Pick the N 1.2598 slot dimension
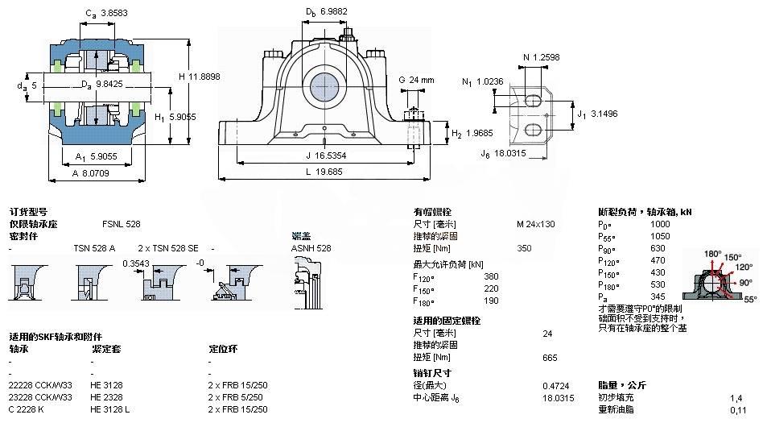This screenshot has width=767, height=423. click(542, 57)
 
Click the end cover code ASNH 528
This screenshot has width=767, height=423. click(311, 248)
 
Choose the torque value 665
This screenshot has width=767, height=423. click(551, 357)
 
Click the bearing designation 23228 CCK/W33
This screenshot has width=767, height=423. click(40, 396)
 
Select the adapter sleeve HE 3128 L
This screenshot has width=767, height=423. click(112, 409)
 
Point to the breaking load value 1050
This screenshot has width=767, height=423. click(659, 237)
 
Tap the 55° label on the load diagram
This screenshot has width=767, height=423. click(750, 298)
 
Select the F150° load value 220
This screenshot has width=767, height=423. click(491, 288)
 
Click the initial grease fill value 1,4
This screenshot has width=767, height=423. click(735, 398)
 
